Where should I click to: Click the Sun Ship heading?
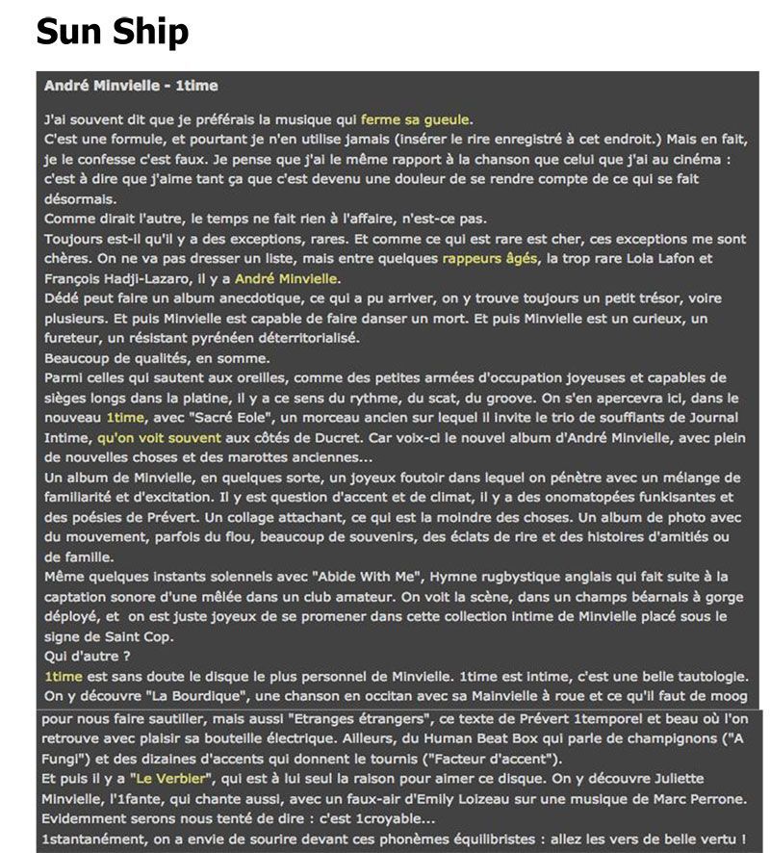[x=112, y=33]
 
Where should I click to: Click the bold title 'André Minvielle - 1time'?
[x=131, y=86]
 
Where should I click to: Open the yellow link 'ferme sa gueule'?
[x=415, y=120]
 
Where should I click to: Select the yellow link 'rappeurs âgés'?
[x=489, y=259]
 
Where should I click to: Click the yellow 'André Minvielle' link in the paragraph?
[x=286, y=278]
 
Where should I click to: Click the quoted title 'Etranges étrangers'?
[x=347, y=718]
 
